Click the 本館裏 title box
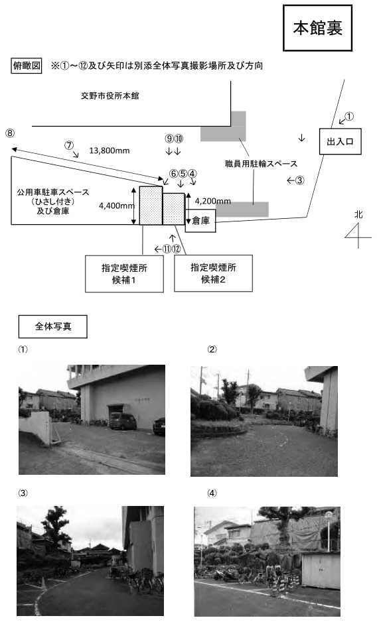coord(318,28)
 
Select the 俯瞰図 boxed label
coord(26,66)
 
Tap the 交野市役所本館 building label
coord(110,96)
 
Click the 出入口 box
coord(340,141)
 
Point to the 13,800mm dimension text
coord(110,151)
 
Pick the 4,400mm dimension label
coord(116,206)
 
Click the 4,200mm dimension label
coord(213,201)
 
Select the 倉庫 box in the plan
coord(200,221)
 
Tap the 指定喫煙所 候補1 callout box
coord(124,274)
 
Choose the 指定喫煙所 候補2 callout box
coord(213,273)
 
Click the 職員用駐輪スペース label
coord(261,164)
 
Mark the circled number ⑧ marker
coord(10,133)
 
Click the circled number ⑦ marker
coord(69,145)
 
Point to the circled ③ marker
coord(300,180)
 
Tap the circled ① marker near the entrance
coord(348,117)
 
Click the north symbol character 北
coord(358,214)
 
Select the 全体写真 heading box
coord(53,327)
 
